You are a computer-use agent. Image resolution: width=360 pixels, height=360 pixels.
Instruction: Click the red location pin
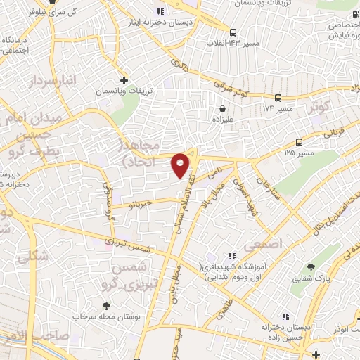(x=181, y=165)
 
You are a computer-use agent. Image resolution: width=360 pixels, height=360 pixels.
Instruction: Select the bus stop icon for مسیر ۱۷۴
(x=278, y=98)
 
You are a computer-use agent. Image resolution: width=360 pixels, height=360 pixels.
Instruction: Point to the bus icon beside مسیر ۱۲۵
(x=300, y=142)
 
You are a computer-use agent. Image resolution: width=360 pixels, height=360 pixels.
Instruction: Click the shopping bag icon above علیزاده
(x=223, y=109)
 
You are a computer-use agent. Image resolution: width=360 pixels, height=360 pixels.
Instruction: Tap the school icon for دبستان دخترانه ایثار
(x=160, y=11)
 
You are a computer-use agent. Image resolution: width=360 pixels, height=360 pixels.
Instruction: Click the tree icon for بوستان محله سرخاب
(x=105, y=306)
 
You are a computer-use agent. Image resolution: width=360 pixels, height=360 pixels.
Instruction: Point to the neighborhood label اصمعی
(x=262, y=245)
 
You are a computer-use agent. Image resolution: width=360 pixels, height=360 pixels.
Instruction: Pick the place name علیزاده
(x=223, y=120)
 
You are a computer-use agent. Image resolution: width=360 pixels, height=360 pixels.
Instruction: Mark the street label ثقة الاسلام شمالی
(x=172, y=216)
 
